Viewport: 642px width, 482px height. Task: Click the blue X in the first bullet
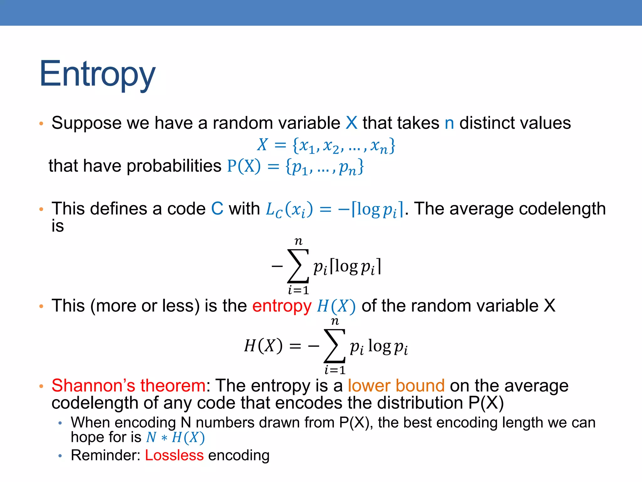351,123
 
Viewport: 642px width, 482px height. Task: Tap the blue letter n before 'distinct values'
449,123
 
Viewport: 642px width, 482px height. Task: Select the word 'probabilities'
174,166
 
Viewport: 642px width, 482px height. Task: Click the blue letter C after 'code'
217,209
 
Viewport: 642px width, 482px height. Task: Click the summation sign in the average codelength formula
298,266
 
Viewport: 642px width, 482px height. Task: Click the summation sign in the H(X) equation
334,345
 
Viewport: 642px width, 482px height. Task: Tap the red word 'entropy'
282,306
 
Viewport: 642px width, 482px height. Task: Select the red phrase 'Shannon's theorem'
129,386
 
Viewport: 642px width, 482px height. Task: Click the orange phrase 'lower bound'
396,386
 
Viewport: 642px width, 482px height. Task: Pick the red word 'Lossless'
174,455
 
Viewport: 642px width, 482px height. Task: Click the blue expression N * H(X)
176,437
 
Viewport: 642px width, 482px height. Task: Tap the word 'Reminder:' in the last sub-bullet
105,455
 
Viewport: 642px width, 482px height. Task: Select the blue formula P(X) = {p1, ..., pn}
295,166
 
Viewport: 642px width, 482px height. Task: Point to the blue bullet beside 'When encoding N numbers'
60,423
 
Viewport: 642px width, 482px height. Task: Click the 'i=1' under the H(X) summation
335,370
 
